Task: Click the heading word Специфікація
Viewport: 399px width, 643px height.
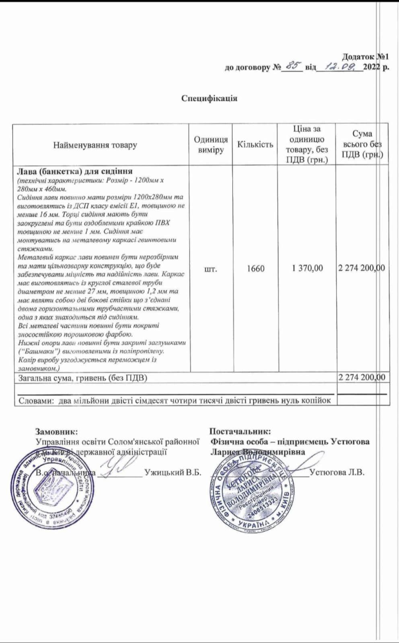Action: click(x=209, y=98)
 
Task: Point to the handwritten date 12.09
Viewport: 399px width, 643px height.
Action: click(x=339, y=66)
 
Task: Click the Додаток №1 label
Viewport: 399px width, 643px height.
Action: click(x=365, y=57)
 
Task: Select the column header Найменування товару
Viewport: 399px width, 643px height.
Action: click(x=95, y=145)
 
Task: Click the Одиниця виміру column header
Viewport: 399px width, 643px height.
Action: click(x=211, y=145)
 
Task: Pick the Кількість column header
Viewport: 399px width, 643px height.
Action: click(x=255, y=145)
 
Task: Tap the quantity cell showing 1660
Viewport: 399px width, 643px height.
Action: click(x=255, y=268)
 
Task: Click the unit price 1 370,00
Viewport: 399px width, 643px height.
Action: click(x=307, y=268)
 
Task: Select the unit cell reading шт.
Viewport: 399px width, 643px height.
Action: click(x=211, y=269)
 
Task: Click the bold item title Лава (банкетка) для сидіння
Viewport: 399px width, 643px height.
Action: click(x=75, y=172)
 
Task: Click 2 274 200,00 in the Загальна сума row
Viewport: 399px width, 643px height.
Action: click(x=362, y=377)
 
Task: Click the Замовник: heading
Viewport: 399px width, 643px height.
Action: click(x=57, y=432)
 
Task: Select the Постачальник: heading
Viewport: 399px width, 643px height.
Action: click(x=240, y=432)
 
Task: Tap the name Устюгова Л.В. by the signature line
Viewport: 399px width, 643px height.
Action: click(x=337, y=473)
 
